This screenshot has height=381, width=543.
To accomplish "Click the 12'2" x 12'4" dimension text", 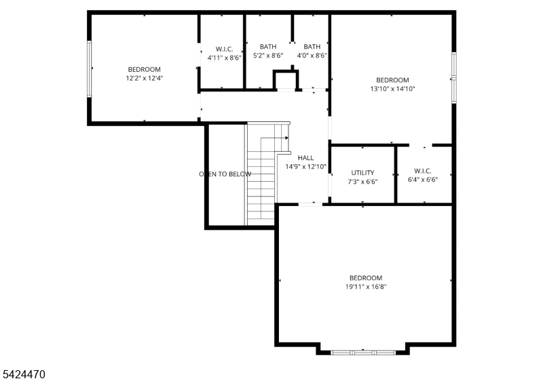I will tap(144, 78).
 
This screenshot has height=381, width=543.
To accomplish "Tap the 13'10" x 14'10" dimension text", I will tap(392, 89).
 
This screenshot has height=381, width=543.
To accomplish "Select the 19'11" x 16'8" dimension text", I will tap(366, 287).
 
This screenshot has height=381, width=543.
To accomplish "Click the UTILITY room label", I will tap(362, 173).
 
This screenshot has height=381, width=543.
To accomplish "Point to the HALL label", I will tap(305, 158).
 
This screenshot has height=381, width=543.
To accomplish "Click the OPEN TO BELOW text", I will tap(225, 174).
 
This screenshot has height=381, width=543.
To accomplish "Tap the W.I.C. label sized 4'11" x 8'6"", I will tap(224, 49).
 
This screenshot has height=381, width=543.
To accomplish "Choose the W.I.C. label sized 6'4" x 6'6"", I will tap(422, 172).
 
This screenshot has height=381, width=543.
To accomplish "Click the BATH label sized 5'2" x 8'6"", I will tap(268, 47).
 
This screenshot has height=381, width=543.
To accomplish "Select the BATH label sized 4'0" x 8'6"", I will tap(312, 47).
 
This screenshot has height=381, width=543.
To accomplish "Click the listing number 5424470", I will tap(24, 374).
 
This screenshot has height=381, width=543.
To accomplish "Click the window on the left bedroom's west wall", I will tap(88, 68).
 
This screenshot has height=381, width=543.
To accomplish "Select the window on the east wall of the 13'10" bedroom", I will tap(454, 77).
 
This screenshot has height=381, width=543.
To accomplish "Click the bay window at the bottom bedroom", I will tap(362, 352).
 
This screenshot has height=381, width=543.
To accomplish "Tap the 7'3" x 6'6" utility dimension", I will tap(362, 182).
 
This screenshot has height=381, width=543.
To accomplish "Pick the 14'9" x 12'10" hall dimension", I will tap(305, 167).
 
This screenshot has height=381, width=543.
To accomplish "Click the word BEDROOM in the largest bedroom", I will tap(366, 278).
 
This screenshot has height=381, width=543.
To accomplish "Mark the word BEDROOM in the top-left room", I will tap(144, 69).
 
